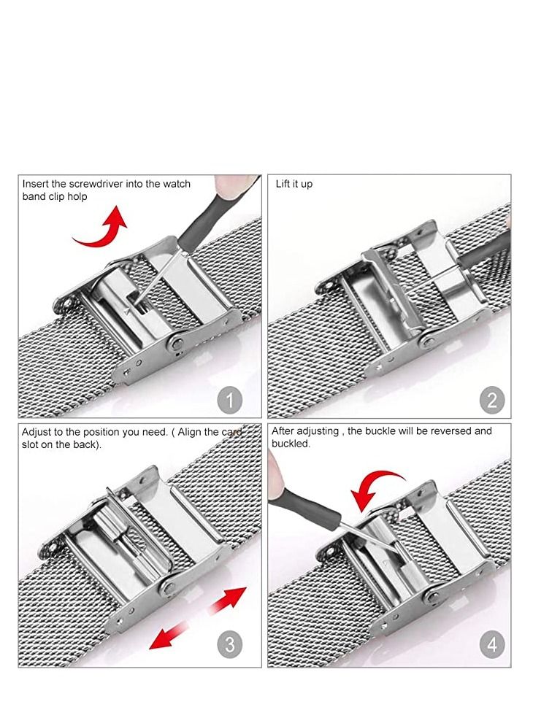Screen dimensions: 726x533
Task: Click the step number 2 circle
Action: click(x=492, y=400)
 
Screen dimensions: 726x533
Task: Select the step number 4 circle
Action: click(x=492, y=645)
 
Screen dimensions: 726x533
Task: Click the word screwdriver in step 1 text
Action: click(x=92, y=184)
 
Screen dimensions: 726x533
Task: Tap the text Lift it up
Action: click(x=294, y=184)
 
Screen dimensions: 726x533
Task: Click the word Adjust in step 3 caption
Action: click(x=38, y=431)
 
